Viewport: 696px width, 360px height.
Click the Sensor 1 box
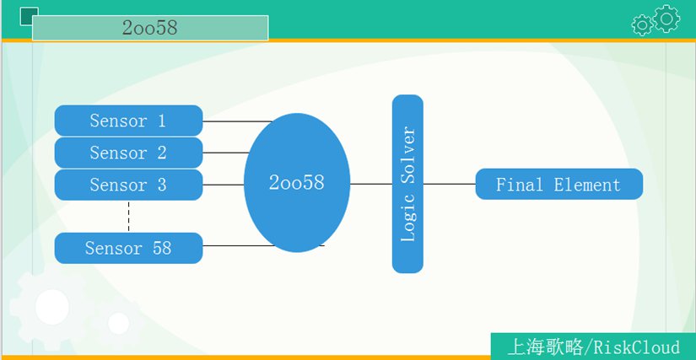[129, 121]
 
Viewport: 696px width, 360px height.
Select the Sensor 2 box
[129, 153]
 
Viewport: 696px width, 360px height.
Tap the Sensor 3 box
[129, 185]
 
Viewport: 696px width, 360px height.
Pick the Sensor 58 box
[129, 248]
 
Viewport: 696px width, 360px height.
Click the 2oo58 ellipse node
[297, 183]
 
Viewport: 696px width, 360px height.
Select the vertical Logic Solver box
[407, 184]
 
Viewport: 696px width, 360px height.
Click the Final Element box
[558, 184]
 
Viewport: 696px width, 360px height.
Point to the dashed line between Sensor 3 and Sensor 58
[129, 217]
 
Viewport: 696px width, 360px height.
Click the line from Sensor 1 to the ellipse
[237, 121]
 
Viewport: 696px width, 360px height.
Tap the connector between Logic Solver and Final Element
[449, 184]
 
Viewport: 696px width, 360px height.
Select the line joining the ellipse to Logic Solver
[371, 184]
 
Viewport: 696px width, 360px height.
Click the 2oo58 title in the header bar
[150, 28]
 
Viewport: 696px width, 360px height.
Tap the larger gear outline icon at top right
[666, 19]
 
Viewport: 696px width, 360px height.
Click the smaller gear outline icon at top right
[642, 24]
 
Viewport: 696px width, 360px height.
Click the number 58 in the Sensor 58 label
[162, 248]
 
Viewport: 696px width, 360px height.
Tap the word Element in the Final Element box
[587, 185]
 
